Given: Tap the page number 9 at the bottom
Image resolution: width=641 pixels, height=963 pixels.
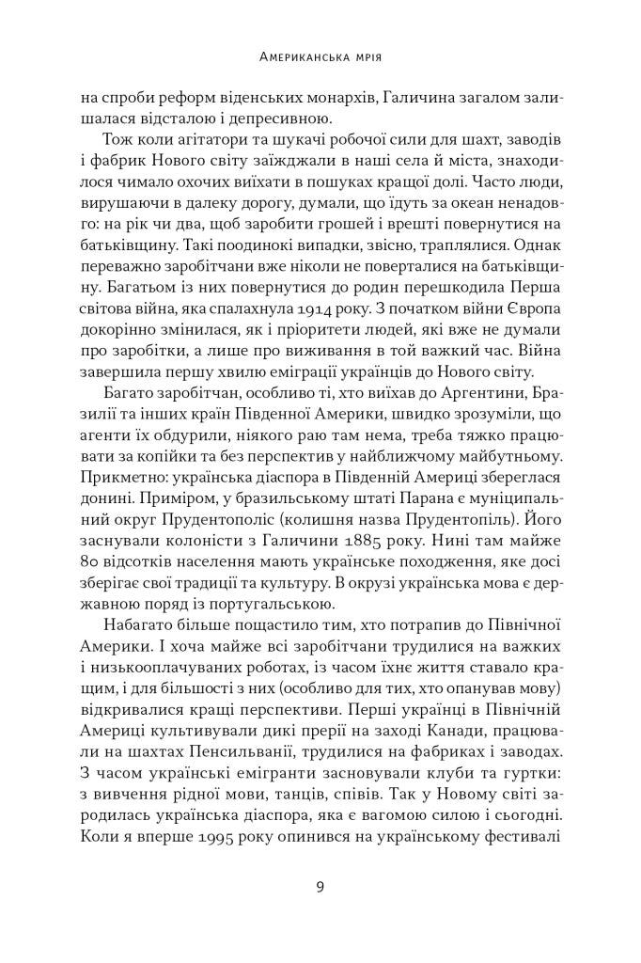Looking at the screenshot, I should point(320,886).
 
